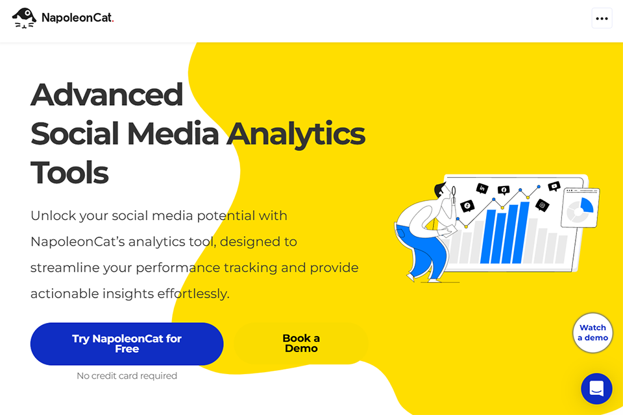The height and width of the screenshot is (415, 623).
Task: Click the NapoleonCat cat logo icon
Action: (x=25, y=18)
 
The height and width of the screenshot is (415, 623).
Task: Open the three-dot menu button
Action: (x=602, y=18)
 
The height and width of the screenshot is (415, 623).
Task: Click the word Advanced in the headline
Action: (x=107, y=95)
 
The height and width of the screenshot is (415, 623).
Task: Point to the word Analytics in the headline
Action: (x=296, y=134)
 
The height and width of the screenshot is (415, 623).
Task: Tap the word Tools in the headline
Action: (x=69, y=172)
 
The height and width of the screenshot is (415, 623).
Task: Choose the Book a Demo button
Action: (x=301, y=344)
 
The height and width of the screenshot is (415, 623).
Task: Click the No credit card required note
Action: (x=127, y=376)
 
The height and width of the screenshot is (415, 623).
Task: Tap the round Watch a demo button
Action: (x=592, y=333)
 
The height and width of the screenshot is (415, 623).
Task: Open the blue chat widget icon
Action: (x=596, y=388)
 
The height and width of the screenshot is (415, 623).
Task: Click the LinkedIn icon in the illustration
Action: (x=482, y=189)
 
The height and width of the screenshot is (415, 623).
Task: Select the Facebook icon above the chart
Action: (x=503, y=190)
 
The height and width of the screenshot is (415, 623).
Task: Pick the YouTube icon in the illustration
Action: (x=554, y=187)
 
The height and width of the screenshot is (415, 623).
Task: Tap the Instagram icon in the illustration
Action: (x=543, y=205)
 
